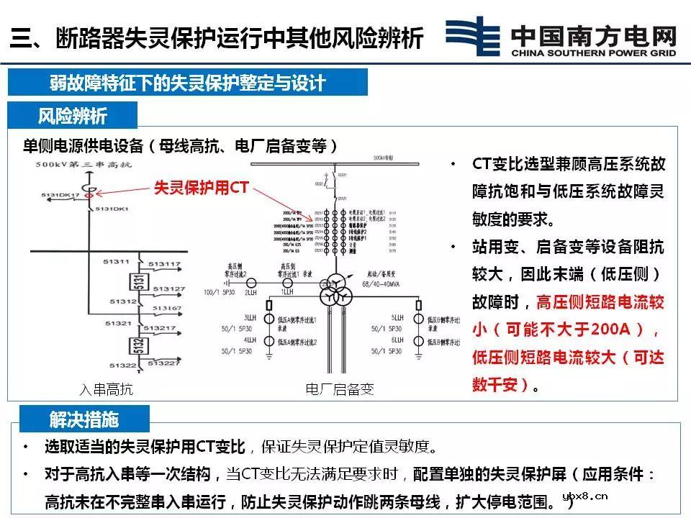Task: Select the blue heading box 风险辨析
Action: click(72, 116)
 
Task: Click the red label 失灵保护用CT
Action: click(202, 188)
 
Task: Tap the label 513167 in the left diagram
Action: click(165, 309)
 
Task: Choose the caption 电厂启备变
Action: click(340, 390)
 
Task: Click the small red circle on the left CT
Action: click(89, 193)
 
